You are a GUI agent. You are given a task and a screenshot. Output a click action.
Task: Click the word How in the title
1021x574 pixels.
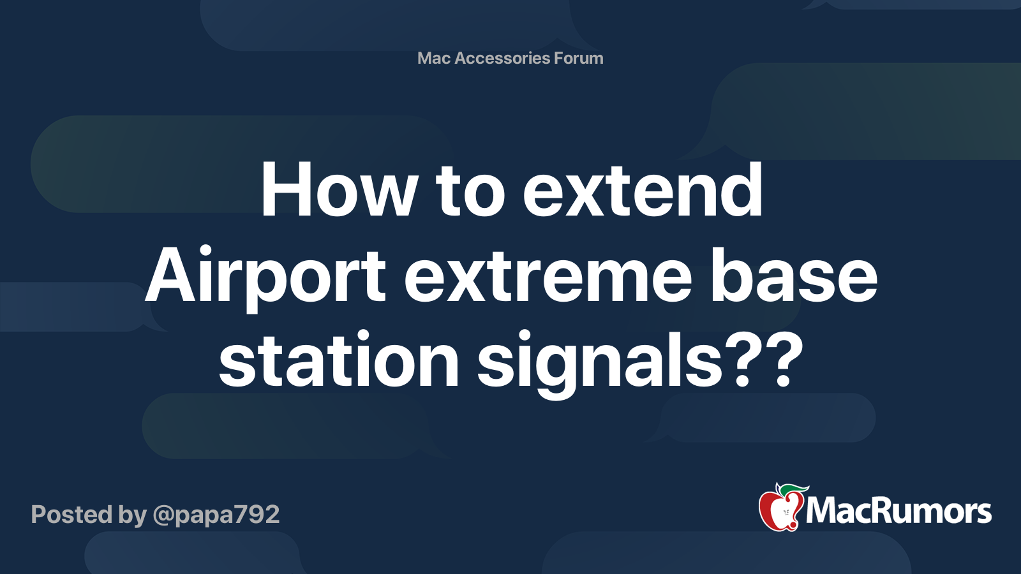pos(339,190)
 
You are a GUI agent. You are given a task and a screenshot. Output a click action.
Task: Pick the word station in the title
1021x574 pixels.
pos(339,361)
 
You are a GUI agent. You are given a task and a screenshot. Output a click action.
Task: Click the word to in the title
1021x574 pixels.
pos(470,190)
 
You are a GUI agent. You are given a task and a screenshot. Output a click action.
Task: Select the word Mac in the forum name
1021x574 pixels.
pos(434,58)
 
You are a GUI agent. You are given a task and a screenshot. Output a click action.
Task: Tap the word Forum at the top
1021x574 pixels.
pos(578,58)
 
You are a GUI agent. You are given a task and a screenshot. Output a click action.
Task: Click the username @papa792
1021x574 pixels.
pos(216,515)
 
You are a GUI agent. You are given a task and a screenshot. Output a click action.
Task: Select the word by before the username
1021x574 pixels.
pos(132,515)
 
